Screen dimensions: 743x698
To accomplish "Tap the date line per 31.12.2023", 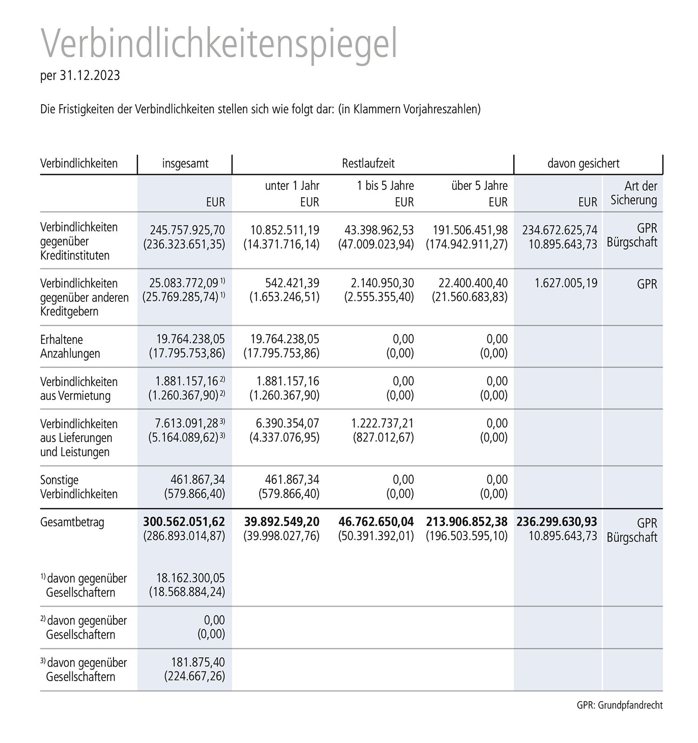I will [80, 75].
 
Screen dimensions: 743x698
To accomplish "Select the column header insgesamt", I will [185, 164].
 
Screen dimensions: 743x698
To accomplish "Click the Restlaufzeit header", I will [368, 164].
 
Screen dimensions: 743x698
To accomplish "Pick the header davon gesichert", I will [583, 164].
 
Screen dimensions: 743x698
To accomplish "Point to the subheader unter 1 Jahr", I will [292, 186].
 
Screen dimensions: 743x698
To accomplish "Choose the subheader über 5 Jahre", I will [479, 186].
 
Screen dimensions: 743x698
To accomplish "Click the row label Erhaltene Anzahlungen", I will [70, 347].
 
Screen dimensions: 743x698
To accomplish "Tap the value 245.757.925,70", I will [187, 230].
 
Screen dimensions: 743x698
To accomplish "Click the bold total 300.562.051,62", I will [184, 522].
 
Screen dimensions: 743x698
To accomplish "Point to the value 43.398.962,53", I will [379, 230].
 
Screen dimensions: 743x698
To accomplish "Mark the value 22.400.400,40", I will [473, 283].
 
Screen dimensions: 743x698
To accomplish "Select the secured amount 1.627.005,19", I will [566, 283].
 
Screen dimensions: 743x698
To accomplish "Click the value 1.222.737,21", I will [382, 423].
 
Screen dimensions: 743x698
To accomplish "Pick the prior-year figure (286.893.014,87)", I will [184, 536].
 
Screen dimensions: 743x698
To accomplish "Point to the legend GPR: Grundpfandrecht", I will [619, 705].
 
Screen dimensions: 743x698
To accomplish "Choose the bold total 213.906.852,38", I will [467, 522].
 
